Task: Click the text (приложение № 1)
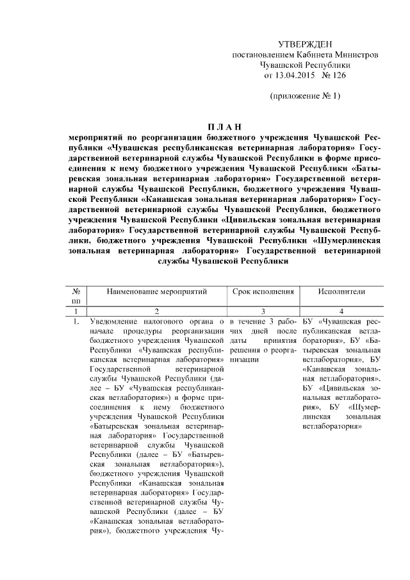pos(304,97)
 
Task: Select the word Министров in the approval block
pos(356,54)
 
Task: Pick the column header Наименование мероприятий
pos(157,291)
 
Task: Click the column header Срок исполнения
pos(263,291)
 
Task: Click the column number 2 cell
pos(157,310)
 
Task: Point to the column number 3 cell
pos(263,310)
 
